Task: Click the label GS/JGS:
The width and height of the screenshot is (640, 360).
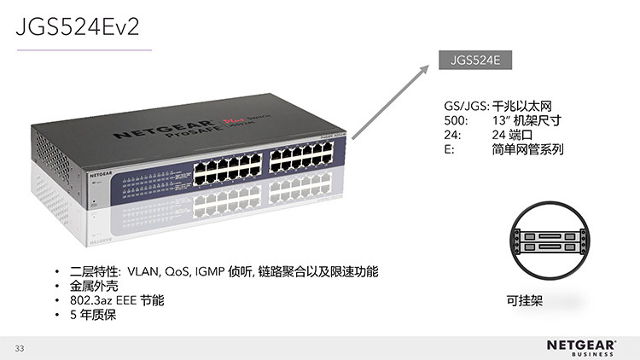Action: point(466,107)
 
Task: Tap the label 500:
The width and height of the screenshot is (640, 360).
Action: point(457,121)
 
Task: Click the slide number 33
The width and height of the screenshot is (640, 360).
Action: point(20,348)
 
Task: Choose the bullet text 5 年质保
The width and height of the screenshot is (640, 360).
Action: point(92,315)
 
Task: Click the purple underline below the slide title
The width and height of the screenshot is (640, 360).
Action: point(84,49)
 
